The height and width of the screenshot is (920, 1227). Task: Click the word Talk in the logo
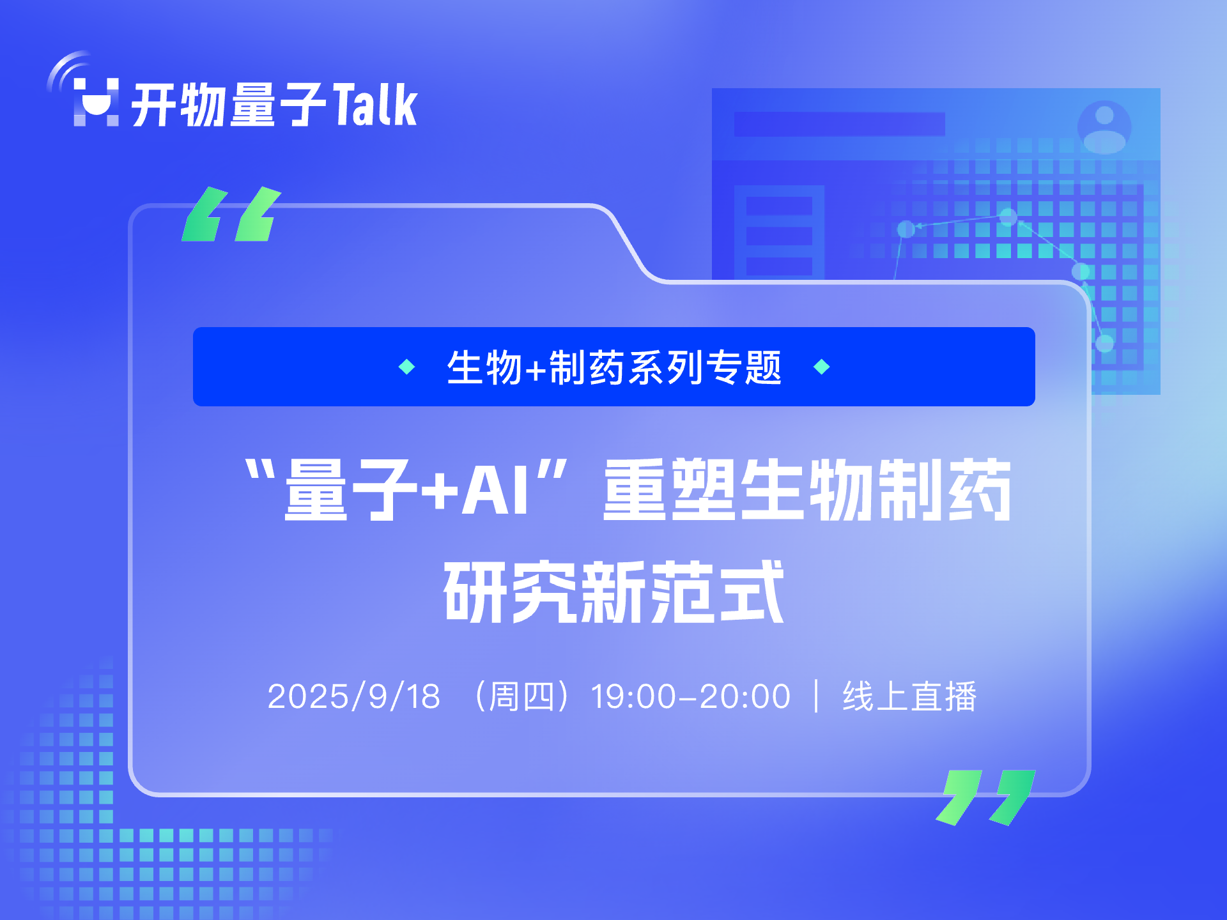[375, 104]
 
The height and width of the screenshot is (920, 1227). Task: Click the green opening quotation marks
[231, 214]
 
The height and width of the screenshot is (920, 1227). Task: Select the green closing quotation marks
[985, 797]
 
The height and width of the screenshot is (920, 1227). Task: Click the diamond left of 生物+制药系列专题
[407, 367]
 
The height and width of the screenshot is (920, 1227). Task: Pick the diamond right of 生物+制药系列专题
[822, 367]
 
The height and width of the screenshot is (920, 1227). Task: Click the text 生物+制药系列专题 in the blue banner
[614, 367]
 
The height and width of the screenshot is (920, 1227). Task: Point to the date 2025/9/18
[354, 696]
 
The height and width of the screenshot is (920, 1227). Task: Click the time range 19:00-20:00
[691, 696]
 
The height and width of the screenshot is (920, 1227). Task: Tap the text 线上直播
[910, 696]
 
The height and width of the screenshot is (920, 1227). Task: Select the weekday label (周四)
[521, 696]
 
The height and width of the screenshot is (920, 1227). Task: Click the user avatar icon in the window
[1104, 126]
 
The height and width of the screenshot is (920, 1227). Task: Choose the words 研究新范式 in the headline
[614, 592]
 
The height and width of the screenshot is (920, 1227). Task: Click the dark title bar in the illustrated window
[839, 124]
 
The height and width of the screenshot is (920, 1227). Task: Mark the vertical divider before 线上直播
[817, 696]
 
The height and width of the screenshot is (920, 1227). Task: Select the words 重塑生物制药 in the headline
[808, 491]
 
